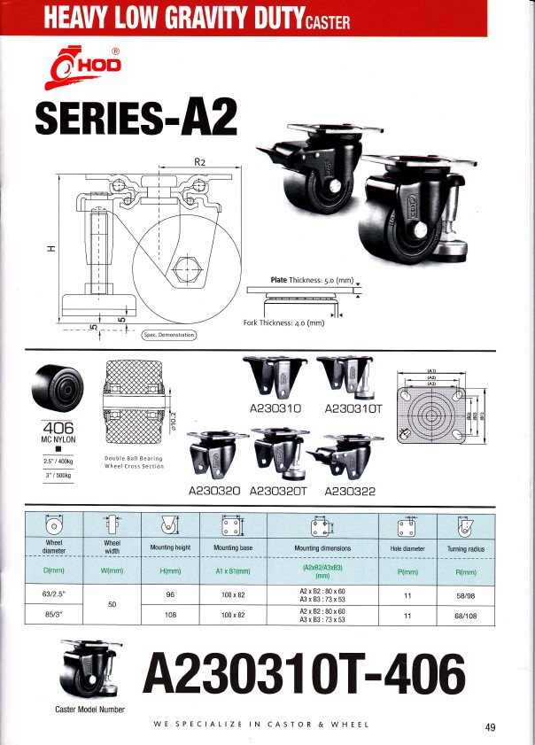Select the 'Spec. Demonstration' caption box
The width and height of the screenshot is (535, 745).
[x=169, y=335]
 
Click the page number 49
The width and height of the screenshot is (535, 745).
[x=491, y=727]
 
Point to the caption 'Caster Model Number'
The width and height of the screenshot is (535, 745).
[x=85, y=709]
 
